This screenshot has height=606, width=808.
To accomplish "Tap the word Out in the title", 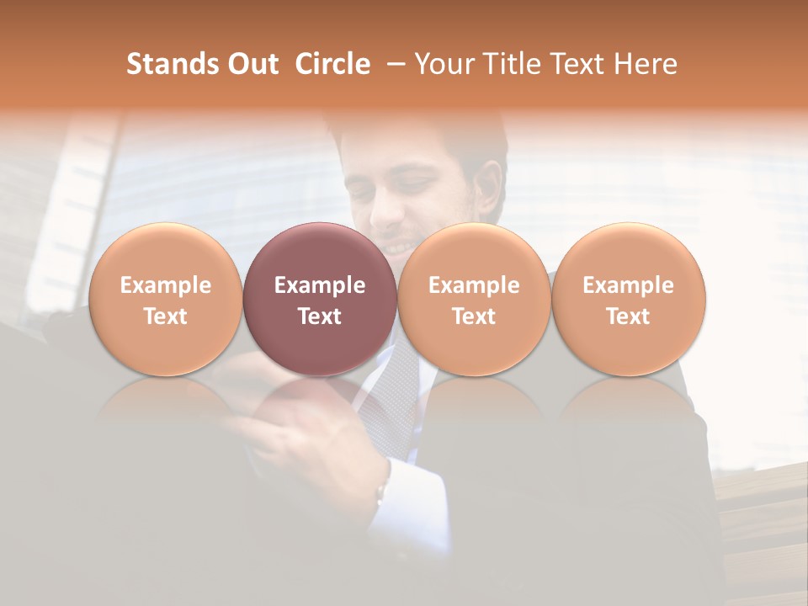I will pos(251,64).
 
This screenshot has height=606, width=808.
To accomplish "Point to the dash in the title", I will pos(392,65).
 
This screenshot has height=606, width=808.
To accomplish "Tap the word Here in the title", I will pos(646,64).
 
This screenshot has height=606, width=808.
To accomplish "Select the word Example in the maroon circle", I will pos(320,285).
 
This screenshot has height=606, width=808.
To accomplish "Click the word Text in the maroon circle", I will pos(320,316).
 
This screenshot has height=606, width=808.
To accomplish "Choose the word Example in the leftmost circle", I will pos(166,285).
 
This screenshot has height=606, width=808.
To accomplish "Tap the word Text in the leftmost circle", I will pos(166,316).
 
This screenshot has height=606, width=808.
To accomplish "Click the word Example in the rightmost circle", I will pos(628,285).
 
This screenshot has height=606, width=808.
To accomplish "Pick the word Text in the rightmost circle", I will pos(628,316).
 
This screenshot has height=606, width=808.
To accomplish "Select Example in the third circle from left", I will pos(474,285).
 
